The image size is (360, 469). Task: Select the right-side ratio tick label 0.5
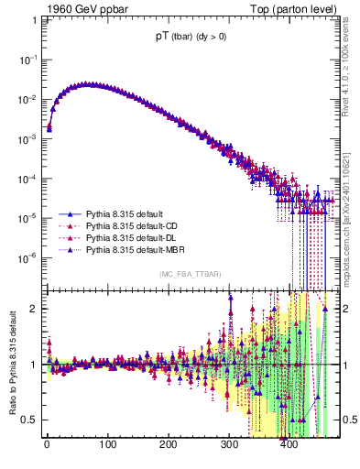coord(349,420)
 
